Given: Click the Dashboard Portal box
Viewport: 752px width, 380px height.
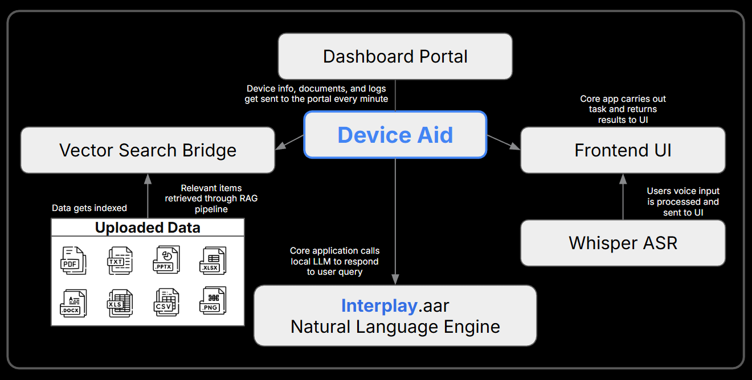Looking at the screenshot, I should coord(395,56).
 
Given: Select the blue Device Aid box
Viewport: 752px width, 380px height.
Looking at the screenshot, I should coord(395,135).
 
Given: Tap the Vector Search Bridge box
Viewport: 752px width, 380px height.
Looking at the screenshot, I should coord(148,150).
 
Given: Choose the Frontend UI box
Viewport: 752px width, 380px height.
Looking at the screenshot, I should coord(623,150).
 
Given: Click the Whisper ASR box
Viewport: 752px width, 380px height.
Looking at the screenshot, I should coord(623,243).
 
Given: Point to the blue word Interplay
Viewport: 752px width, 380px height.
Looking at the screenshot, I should coord(379,306).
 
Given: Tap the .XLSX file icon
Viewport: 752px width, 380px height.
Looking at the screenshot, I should coord(212,261).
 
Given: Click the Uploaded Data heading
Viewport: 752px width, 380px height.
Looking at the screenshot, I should coord(148,228).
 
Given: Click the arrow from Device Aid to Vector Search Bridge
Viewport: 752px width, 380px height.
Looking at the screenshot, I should coord(289,142).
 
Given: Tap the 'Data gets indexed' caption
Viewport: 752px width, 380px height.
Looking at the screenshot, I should coord(89,208).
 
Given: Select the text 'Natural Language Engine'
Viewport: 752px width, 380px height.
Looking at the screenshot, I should coord(395,327).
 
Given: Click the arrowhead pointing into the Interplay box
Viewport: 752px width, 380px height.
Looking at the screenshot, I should coord(395,280).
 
